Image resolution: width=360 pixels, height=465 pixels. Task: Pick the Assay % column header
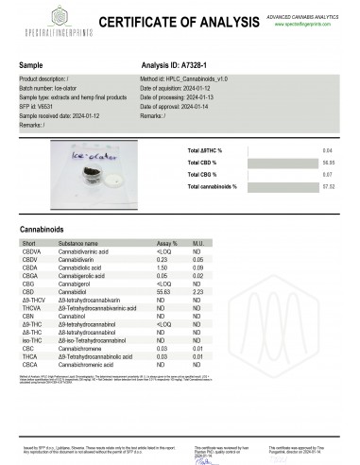[x=166, y=243]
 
